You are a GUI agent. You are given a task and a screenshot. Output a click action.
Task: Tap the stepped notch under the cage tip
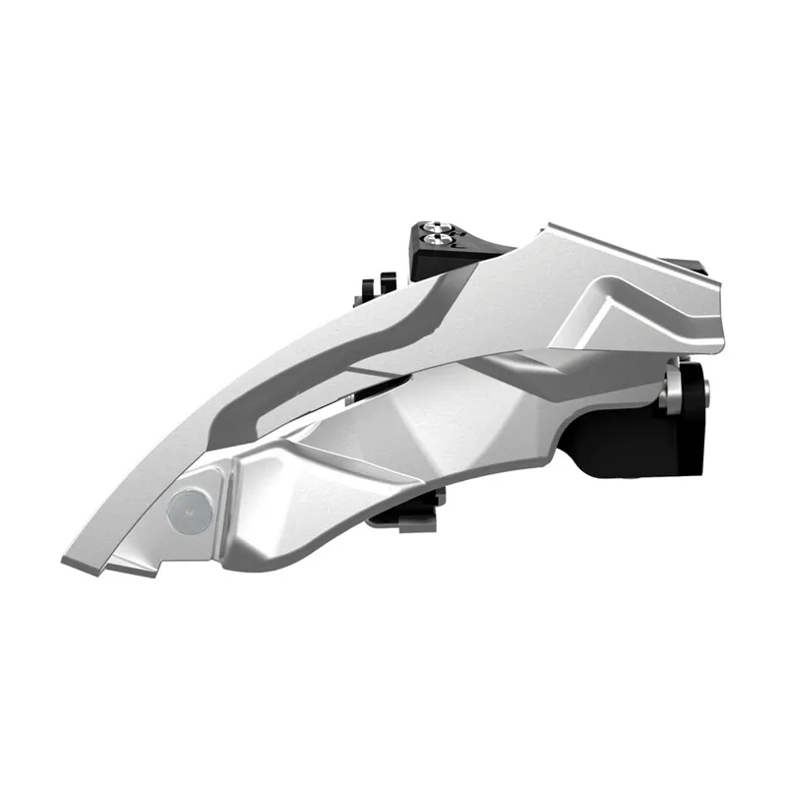(x=128, y=566)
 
